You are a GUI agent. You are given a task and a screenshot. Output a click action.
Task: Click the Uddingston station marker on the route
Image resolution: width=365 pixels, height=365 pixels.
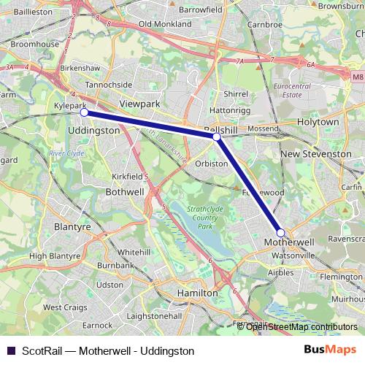84,112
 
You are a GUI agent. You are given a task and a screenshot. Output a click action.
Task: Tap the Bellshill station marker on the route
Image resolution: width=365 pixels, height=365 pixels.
217,137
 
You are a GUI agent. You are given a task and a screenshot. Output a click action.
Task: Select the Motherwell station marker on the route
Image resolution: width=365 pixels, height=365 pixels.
281,232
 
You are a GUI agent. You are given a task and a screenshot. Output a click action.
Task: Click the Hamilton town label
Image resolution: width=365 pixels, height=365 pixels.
198,292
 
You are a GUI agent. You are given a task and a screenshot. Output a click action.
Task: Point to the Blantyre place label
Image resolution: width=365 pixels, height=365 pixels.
72,227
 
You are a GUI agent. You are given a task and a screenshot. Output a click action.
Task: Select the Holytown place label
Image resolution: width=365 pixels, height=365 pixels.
319,122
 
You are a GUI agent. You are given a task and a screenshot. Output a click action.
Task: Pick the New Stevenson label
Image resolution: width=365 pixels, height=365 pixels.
316,154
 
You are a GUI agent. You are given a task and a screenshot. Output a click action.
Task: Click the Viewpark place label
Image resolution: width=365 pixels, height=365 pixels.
139,104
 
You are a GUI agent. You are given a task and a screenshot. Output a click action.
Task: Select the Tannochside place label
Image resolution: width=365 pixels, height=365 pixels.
109,85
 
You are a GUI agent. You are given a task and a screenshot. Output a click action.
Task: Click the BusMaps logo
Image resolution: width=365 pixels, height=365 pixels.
330,350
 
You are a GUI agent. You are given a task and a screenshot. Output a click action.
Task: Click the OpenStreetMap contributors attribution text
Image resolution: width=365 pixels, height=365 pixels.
301,326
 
